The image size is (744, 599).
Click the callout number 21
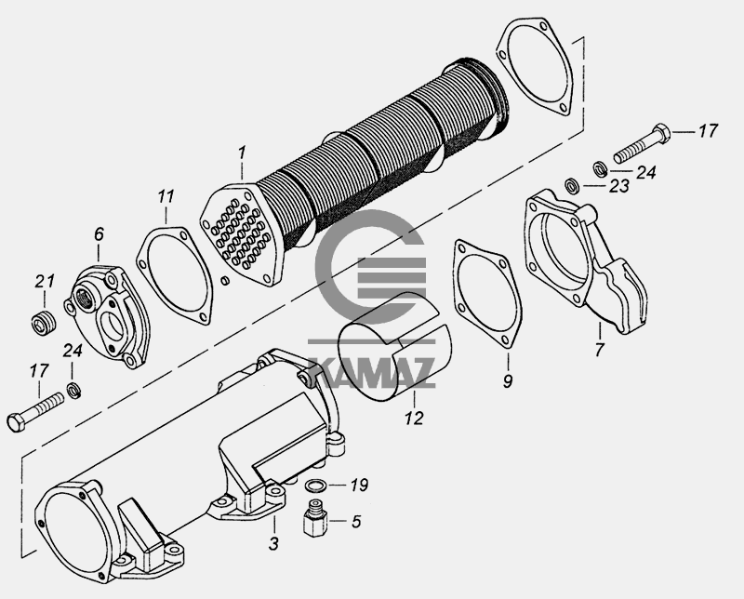click(44, 281)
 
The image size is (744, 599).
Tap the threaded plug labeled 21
click(45, 325)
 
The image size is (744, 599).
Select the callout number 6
click(99, 234)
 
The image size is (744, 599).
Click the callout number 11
click(166, 196)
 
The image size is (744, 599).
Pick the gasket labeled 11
click(174, 275)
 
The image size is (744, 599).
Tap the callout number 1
click(242, 153)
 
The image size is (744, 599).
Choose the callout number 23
click(618, 186)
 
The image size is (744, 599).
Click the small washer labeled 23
click(571, 185)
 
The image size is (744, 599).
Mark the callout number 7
click(599, 350)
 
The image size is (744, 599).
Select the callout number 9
click(508, 380)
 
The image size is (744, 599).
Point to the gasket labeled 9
click(487, 294)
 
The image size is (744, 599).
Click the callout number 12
click(414, 419)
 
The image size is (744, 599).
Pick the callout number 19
click(359, 486)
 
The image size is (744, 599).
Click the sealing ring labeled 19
click(315, 486)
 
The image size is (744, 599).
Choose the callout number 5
click(356, 521)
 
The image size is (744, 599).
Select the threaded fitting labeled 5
click(315, 518)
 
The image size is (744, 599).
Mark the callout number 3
click(273, 543)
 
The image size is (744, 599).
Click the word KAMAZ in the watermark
click(373, 373)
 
